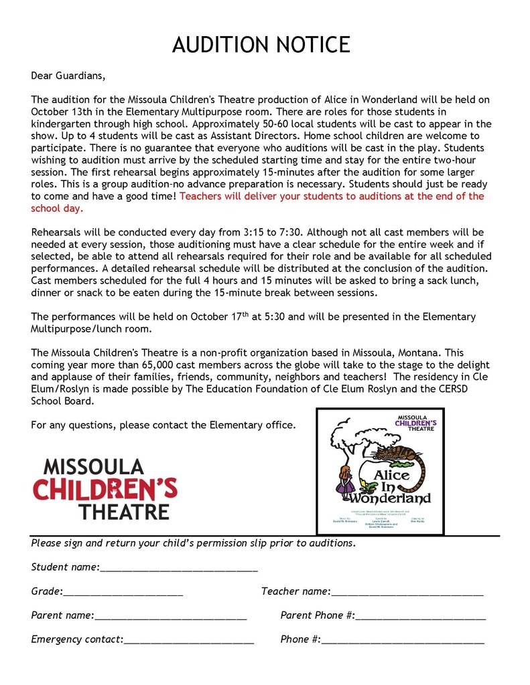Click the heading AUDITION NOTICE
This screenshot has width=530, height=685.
261,45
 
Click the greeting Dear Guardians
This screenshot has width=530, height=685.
68,75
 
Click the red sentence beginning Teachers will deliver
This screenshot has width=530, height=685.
332,196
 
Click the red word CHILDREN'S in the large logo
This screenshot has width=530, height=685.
105,488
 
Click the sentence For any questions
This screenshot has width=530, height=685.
163,425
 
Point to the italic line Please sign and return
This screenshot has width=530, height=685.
193,543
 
